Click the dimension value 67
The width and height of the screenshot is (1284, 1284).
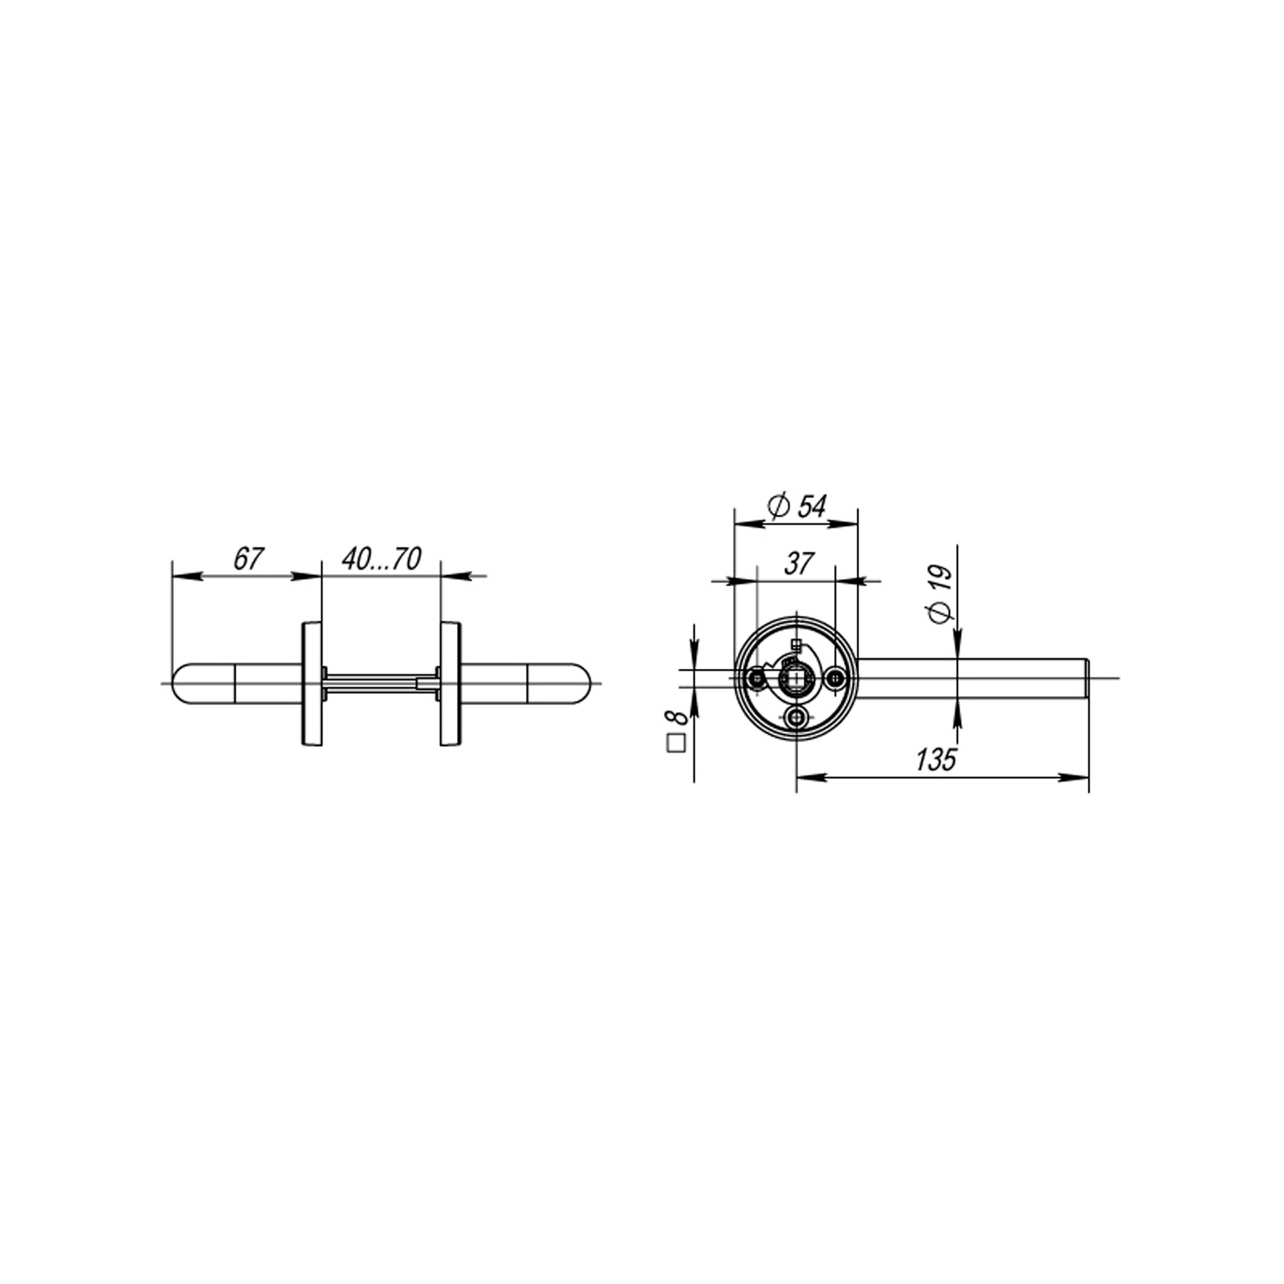(x=249, y=559)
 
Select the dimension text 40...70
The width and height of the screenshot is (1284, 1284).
(x=381, y=559)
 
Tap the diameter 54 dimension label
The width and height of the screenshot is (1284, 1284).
(x=797, y=507)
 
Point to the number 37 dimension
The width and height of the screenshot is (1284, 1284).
(x=798, y=564)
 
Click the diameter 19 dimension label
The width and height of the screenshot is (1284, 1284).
(x=941, y=594)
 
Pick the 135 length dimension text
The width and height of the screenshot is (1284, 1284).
(x=936, y=759)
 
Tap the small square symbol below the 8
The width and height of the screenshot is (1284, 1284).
(x=676, y=742)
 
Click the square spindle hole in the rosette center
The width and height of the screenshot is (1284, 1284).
(x=795, y=678)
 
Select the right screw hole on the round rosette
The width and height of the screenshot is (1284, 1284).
(x=836, y=679)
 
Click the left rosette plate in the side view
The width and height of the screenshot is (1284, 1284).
(x=311, y=683)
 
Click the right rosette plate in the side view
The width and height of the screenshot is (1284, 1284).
(x=450, y=683)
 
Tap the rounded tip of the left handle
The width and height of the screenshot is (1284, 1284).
(x=178, y=683)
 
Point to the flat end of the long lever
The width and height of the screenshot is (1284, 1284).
(x=1088, y=678)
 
